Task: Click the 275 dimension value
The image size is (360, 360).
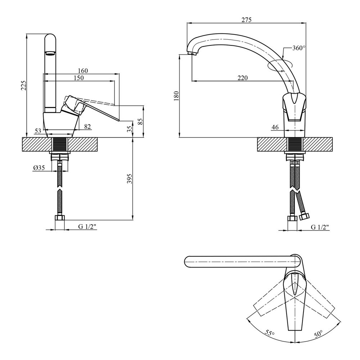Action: (246, 20)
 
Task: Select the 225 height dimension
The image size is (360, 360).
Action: (24, 86)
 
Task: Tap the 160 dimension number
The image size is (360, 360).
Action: (83, 71)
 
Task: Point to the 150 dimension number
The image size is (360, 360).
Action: (79, 78)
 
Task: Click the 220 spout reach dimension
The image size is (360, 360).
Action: (242, 78)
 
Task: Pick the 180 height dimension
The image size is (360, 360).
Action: (176, 96)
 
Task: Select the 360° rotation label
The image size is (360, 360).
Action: (299, 48)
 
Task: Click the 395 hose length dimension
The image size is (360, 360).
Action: (130, 179)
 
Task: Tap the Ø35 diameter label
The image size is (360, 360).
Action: (39, 168)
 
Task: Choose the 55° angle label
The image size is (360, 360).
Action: (270, 333)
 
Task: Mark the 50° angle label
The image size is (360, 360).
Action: (319, 334)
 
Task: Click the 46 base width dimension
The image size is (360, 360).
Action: (275, 127)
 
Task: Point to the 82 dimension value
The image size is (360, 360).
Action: (87, 126)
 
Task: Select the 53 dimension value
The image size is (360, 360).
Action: (38, 131)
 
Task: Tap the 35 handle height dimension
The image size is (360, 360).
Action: (130, 129)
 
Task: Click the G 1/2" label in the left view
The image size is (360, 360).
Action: (87, 226)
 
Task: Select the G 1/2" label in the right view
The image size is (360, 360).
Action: (320, 227)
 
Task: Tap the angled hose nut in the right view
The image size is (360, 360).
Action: (305, 216)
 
